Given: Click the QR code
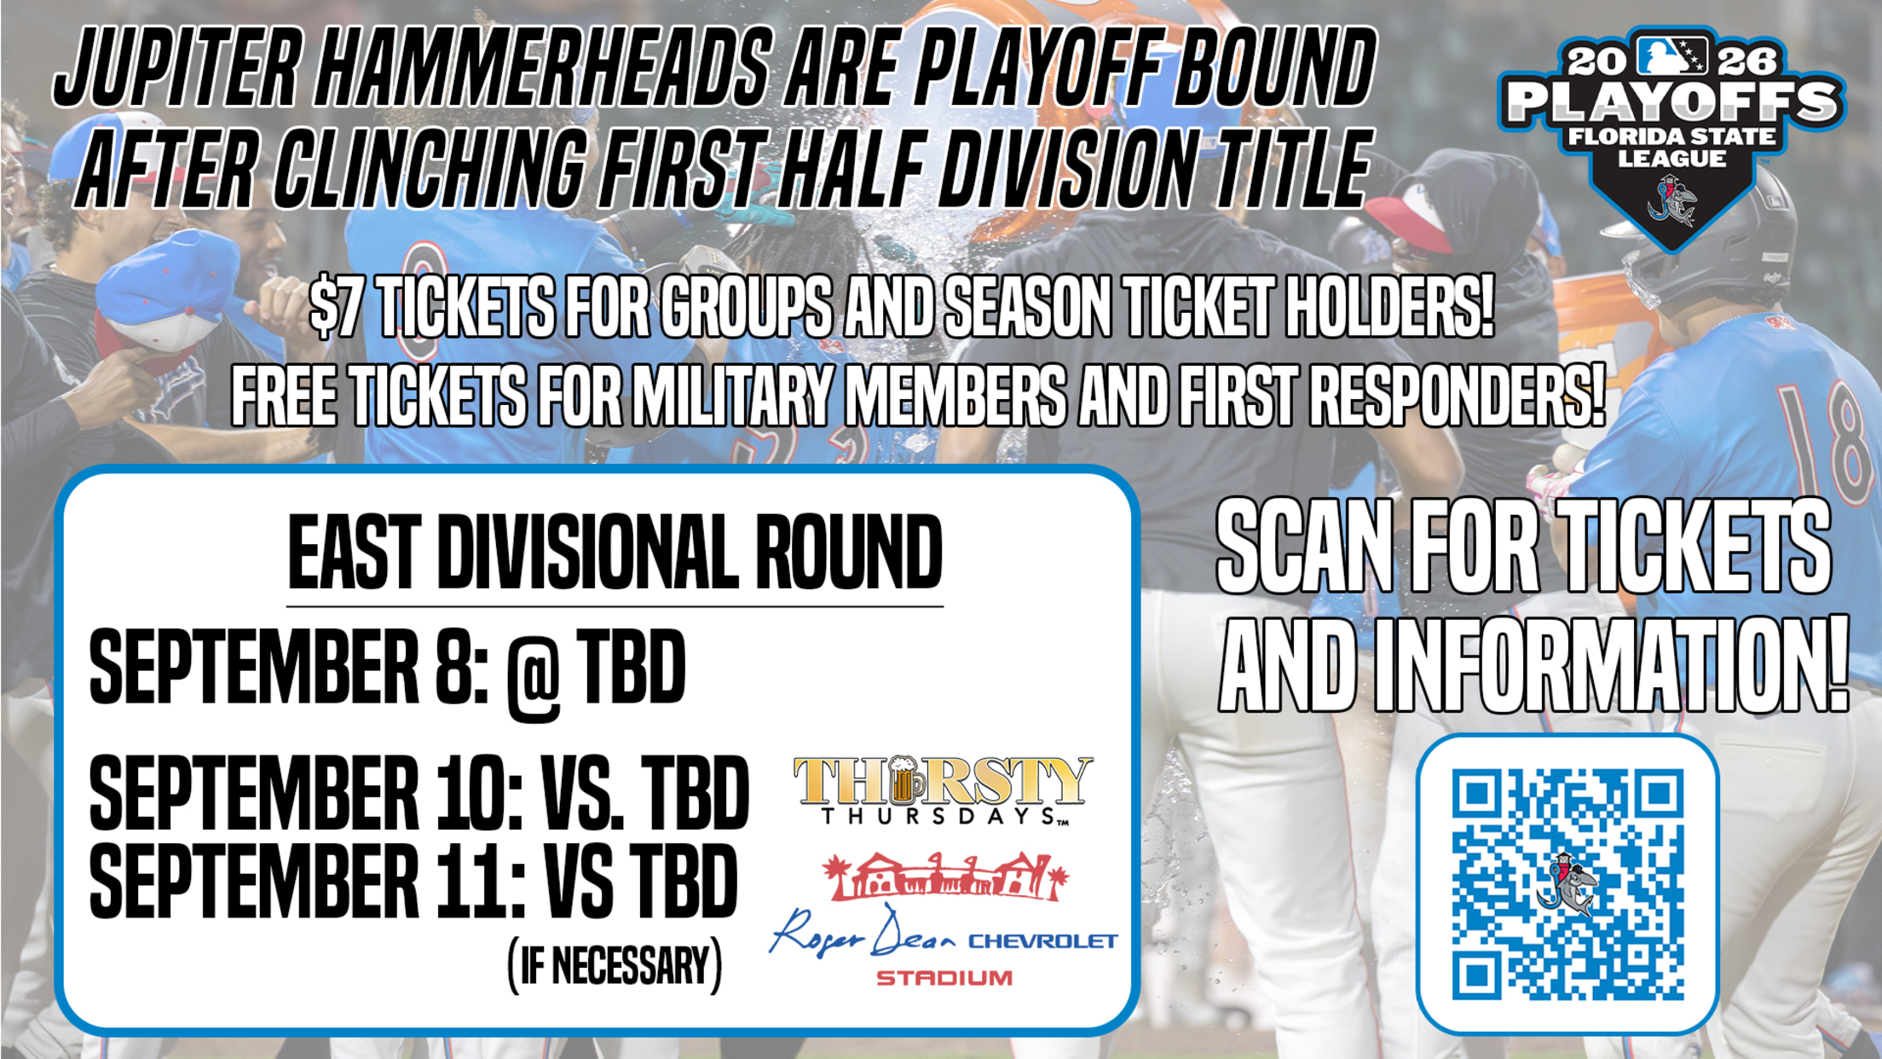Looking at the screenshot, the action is (1567, 884).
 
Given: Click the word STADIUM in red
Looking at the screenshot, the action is (944, 977).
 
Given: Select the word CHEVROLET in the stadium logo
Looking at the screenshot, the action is (1042, 941).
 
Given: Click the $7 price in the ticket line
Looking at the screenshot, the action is (337, 307).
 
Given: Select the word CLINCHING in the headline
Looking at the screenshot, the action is (430, 168).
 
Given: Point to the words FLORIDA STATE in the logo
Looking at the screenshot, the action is (1672, 136).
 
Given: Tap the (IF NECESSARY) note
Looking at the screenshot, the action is (615, 966).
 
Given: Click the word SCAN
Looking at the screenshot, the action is (1305, 547).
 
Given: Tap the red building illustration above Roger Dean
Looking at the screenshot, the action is (944, 876).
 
